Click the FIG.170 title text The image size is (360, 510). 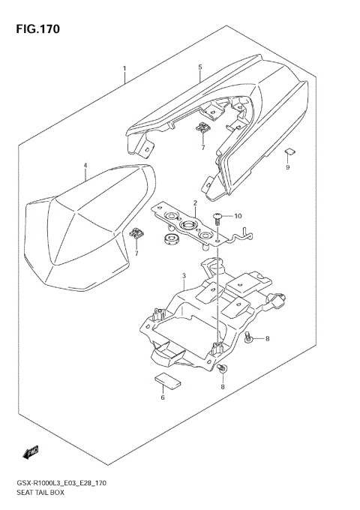[35, 30]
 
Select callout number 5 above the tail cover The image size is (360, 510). [200, 68]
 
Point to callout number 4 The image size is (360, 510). [85, 166]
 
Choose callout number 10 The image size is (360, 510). [238, 217]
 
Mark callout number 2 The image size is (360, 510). [194, 203]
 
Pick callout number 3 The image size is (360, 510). [184, 276]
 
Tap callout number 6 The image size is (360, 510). [162, 397]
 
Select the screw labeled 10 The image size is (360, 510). [217, 219]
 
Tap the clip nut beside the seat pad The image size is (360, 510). [137, 234]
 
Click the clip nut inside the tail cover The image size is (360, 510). [203, 129]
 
